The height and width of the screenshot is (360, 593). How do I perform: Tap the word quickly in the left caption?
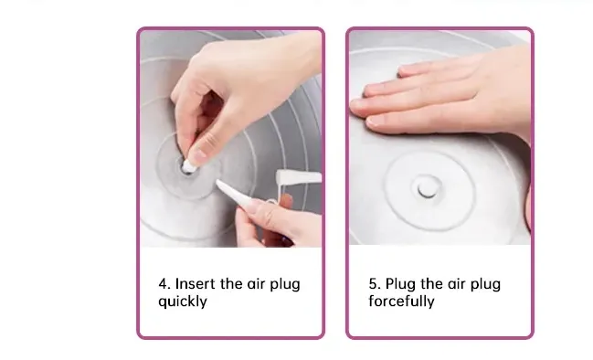(183, 302)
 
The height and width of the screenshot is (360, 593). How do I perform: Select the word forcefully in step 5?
(401, 301)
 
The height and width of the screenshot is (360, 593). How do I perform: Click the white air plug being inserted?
(188, 165)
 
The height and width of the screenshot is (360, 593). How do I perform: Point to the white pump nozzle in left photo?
(298, 177)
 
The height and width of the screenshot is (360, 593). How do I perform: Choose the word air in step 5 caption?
(457, 283)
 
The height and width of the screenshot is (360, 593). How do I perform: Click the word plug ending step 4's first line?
(285, 284)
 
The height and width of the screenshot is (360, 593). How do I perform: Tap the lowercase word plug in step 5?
(485, 284)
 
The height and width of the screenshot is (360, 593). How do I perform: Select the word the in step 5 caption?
(432, 283)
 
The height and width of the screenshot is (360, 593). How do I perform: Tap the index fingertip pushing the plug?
(196, 154)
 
